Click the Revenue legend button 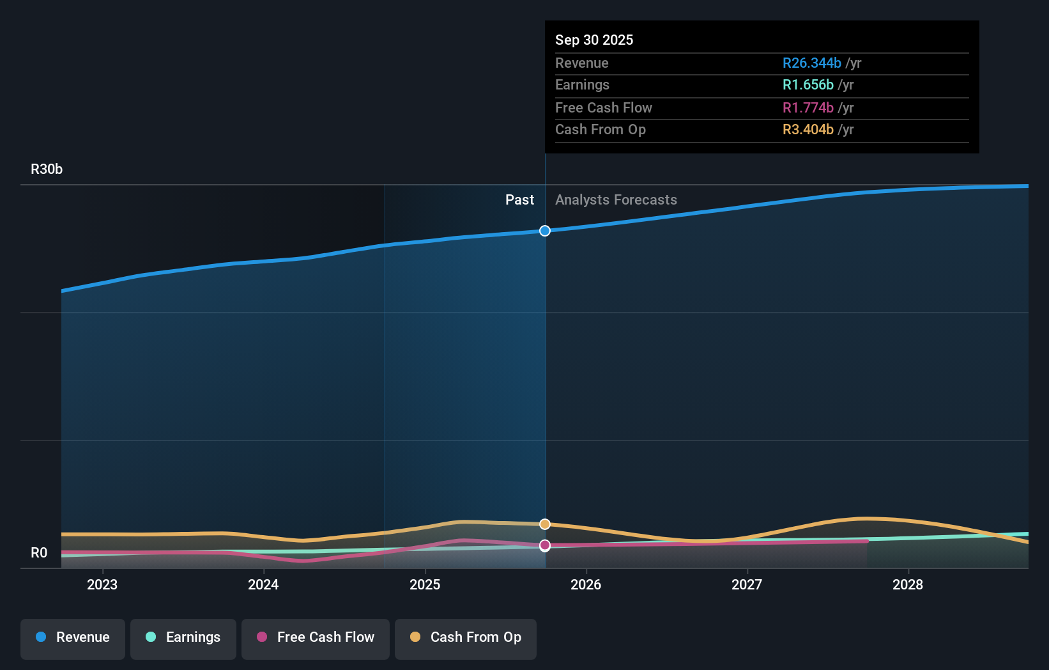click(73, 638)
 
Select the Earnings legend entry click(183, 638)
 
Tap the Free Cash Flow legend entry click(316, 638)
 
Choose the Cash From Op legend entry click(466, 638)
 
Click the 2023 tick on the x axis click(102, 585)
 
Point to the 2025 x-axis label click(425, 585)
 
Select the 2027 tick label click(747, 585)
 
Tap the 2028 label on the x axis click(908, 585)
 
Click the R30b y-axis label click(47, 169)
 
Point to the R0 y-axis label click(39, 553)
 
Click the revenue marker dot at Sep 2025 click(545, 231)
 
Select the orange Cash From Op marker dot click(545, 524)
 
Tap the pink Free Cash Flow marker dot click(545, 545)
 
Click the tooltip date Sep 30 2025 click(594, 40)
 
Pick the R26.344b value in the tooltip click(811, 63)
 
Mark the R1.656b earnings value click(808, 85)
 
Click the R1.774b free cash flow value click(808, 108)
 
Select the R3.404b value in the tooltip click(808, 130)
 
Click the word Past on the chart click(519, 200)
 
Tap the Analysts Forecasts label click(616, 200)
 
